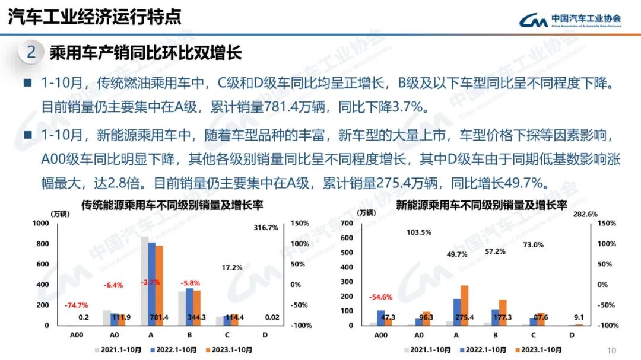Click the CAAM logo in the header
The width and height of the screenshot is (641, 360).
(x=570, y=21)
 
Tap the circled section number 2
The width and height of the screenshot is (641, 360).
(x=31, y=52)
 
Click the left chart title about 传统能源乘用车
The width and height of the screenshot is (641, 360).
(x=173, y=205)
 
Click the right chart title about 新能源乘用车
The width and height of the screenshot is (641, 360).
(x=481, y=205)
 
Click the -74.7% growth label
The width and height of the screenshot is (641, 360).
(x=76, y=305)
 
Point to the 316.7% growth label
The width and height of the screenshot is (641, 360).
(x=265, y=227)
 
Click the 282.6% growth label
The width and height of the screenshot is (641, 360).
(x=585, y=215)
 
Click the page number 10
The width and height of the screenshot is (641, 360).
(x=613, y=350)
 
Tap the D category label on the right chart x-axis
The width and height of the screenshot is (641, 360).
(x=571, y=335)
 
